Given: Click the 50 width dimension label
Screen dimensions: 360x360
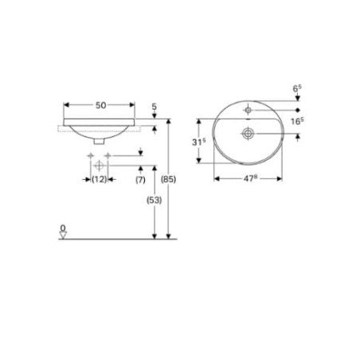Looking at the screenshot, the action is coord(100,105).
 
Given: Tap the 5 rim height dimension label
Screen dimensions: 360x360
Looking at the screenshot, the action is coord(155,107).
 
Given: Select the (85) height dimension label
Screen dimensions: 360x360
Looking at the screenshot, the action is coord(168,179).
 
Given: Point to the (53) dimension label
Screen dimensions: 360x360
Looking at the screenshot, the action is coord(155,200).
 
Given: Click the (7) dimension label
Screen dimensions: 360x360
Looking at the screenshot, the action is coord(140,180).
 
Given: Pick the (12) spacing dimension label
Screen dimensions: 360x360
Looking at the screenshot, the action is coord(99,179).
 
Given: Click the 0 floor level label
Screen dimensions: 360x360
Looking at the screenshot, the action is coord(63,228).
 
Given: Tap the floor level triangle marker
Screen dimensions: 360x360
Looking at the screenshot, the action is coord(63,235).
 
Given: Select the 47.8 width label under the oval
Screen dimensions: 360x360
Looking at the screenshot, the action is coord(250,178).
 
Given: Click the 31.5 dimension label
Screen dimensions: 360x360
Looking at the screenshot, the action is coord(199,142).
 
